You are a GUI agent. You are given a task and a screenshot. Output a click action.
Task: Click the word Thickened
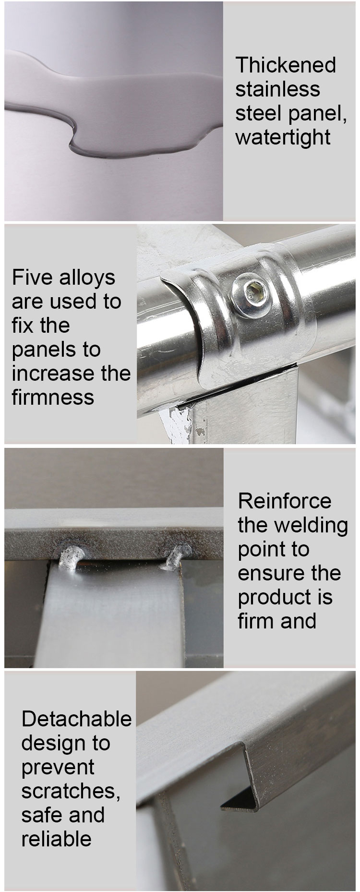coord(286,65)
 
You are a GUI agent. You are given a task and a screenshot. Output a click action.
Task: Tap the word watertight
coord(283,137)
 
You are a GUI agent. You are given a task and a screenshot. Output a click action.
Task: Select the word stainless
coord(277,89)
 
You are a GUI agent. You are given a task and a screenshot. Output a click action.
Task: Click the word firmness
coord(53,398)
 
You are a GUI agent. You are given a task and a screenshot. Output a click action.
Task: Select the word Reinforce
coord(285,501)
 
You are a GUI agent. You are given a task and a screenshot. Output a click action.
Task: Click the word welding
coord(314,526)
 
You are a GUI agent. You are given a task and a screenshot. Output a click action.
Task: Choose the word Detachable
coord(76,719)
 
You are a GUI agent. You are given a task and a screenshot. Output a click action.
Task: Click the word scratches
coord(71,791)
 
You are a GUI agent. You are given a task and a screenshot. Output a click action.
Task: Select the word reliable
coord(56,839)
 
